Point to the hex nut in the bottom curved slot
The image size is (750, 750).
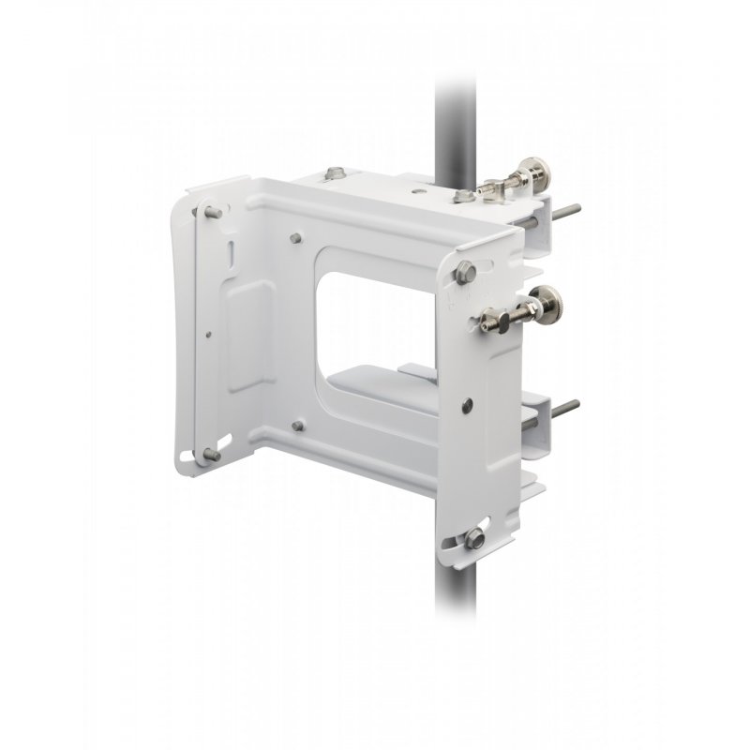[x=474, y=537]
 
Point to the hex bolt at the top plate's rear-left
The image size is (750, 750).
[x=336, y=173]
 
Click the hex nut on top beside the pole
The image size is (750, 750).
[x=461, y=197]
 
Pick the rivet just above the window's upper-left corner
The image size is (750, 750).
[x=296, y=237]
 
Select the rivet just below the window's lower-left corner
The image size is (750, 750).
[x=297, y=427]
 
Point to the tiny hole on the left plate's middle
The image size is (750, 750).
[x=212, y=331]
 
